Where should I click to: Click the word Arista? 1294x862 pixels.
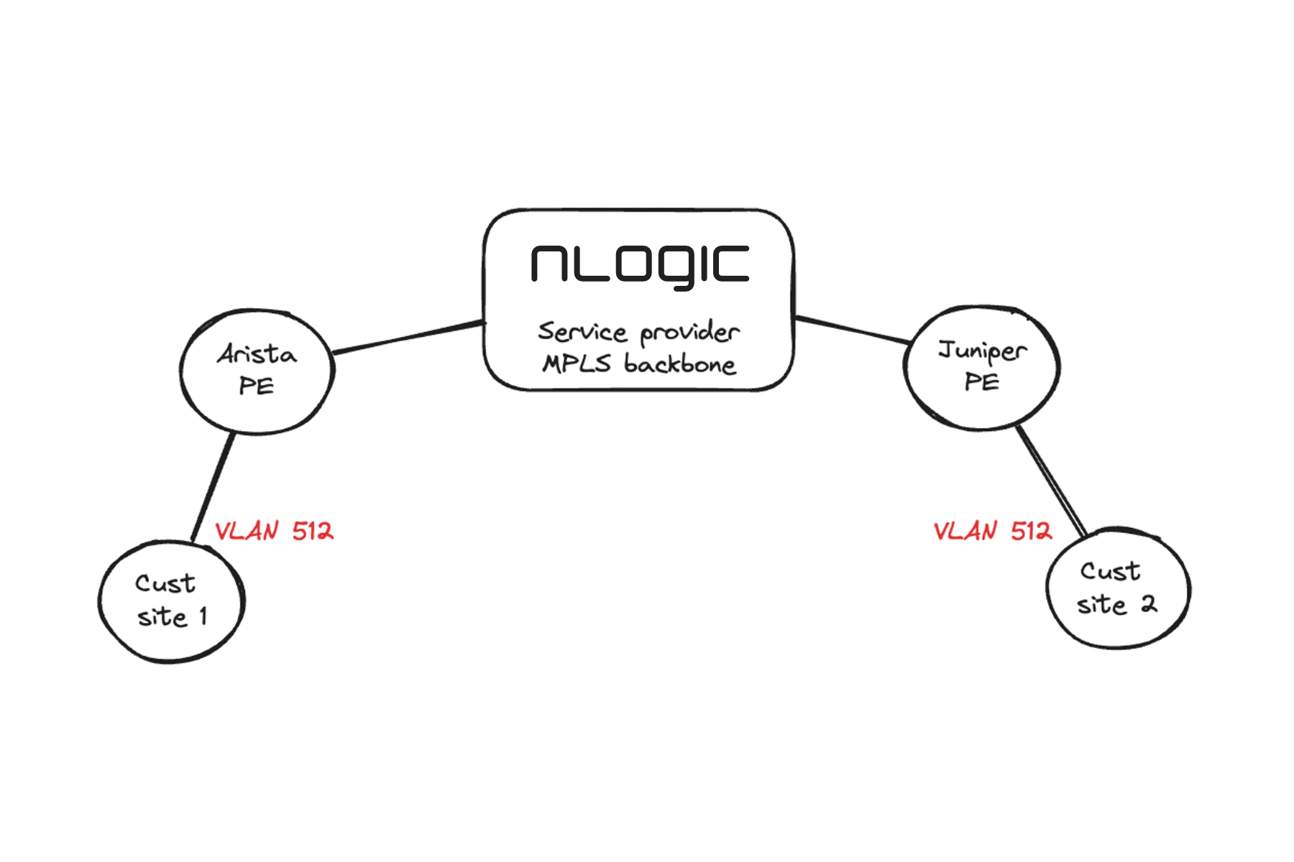(x=257, y=354)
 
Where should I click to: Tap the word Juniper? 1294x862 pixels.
(x=982, y=351)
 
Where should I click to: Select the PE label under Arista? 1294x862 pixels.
(x=257, y=386)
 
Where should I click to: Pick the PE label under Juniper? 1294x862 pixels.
(x=982, y=382)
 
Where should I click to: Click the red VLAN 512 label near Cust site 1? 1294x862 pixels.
(x=274, y=532)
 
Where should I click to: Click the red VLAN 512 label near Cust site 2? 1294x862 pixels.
(x=993, y=532)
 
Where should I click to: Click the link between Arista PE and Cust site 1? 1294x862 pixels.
(x=213, y=487)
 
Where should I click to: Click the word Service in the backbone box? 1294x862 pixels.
(x=582, y=331)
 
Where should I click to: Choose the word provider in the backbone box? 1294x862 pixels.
(x=689, y=332)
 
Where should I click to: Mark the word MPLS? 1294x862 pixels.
(x=577, y=363)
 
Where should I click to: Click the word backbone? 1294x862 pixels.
(x=679, y=364)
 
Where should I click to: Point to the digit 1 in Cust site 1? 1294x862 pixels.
(x=203, y=616)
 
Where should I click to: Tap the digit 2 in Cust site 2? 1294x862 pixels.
(x=1149, y=604)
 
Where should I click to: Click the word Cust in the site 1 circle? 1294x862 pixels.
(x=165, y=583)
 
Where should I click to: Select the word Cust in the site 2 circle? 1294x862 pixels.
(x=1110, y=572)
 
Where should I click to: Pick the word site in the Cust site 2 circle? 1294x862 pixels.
(x=1101, y=605)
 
